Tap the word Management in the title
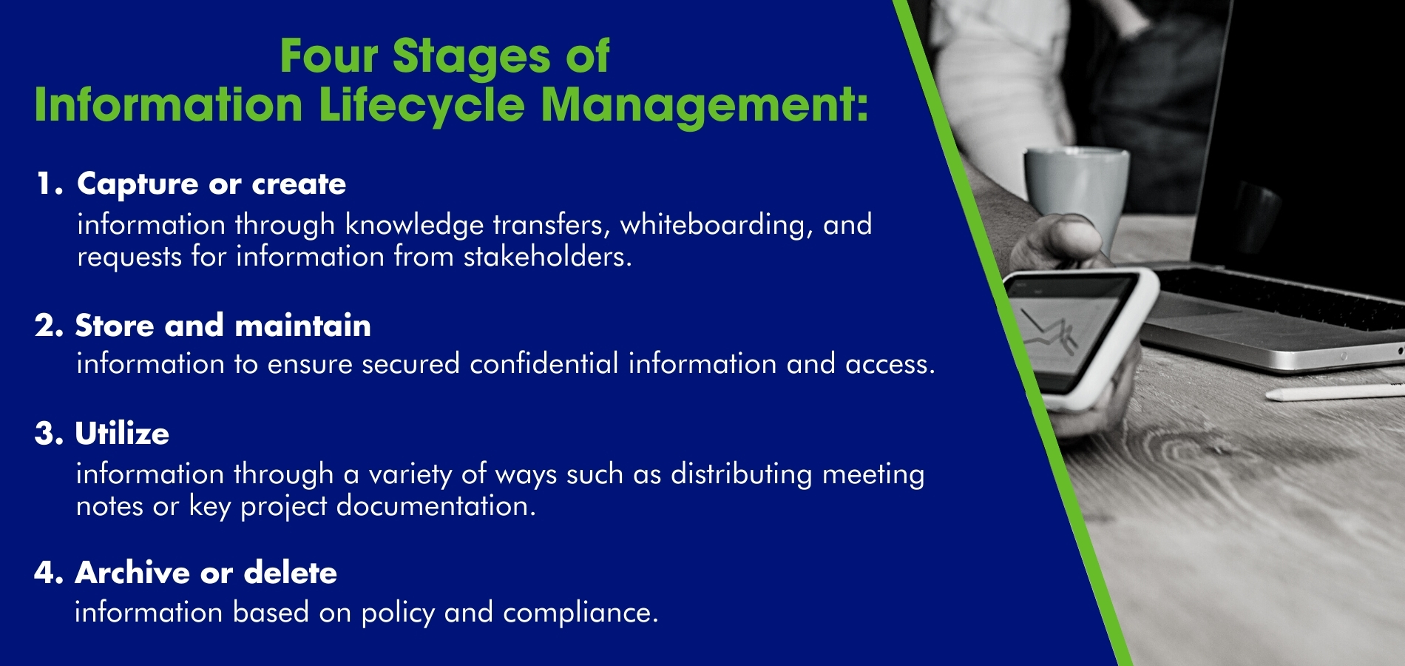704,105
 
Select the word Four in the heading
329,56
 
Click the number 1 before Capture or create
46,184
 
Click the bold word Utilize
122,434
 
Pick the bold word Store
115,326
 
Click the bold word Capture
138,184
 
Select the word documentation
436,506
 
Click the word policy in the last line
398,613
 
